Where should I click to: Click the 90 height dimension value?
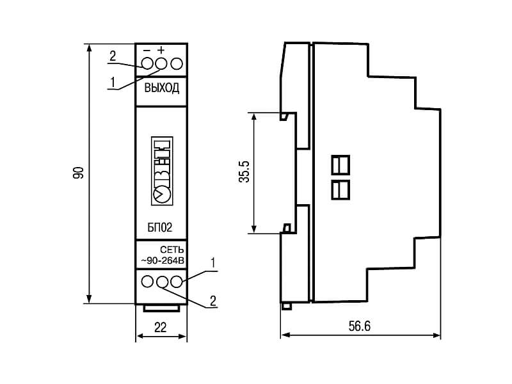(78, 173)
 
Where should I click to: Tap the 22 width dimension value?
(161, 327)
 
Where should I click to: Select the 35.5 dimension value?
(244, 172)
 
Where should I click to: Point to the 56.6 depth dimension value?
(360, 326)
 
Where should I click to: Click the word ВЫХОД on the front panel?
(162, 88)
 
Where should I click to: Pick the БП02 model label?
(160, 227)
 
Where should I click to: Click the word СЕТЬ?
(172, 250)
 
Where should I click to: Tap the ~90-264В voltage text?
(163, 260)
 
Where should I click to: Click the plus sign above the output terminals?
(161, 50)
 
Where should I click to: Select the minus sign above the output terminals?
(147, 51)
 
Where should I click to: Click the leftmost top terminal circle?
(148, 63)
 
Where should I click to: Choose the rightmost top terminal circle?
(177, 63)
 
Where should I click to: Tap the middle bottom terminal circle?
(162, 282)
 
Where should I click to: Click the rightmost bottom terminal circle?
(177, 282)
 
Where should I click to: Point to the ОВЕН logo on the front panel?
(162, 171)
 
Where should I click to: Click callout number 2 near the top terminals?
(113, 56)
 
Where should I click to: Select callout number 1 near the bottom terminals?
(213, 262)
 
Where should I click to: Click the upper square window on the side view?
(340, 165)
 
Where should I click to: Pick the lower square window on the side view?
(340, 189)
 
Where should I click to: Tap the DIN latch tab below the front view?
(162, 308)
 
